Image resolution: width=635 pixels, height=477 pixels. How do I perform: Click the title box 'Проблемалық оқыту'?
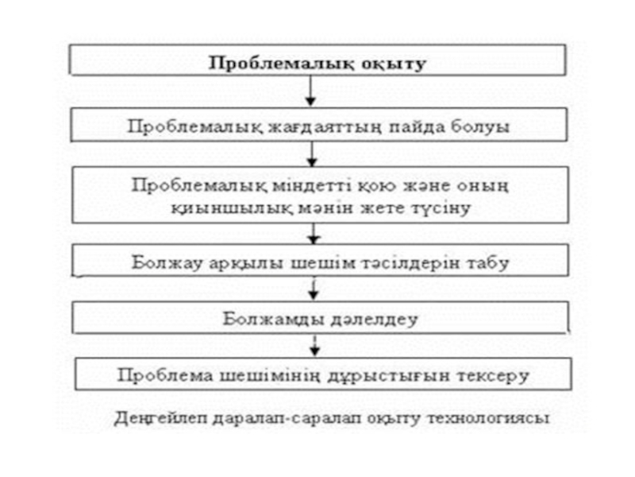[x=317, y=61]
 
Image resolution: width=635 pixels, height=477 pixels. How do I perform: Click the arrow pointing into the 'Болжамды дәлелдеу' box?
[x=316, y=289]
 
